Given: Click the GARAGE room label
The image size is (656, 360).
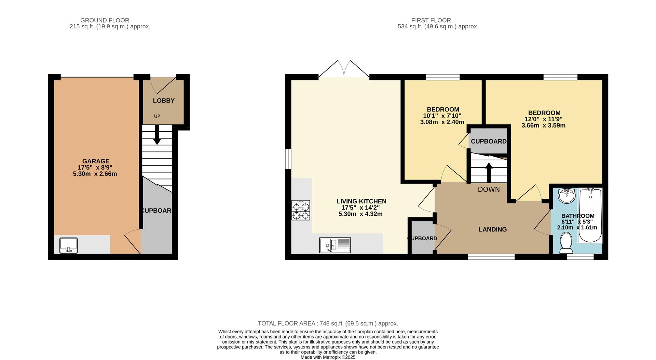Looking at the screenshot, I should [x=96, y=161].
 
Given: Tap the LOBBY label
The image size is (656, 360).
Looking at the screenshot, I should [x=164, y=101].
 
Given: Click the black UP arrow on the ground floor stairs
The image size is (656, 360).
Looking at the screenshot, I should [x=157, y=135].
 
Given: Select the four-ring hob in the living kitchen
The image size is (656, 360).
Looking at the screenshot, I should [x=301, y=210].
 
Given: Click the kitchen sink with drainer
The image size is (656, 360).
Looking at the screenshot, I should [x=335, y=245].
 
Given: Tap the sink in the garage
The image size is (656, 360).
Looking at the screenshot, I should [x=69, y=245].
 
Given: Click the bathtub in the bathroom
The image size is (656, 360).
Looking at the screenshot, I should [x=590, y=215].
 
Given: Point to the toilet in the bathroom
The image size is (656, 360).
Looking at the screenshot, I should [x=566, y=243].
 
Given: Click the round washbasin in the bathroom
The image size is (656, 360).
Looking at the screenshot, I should [x=567, y=196].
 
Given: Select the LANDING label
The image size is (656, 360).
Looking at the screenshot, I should [x=492, y=229].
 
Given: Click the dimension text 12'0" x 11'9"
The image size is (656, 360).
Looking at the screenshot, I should [x=544, y=119].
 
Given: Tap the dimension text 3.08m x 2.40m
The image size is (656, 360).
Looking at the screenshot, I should [x=442, y=122].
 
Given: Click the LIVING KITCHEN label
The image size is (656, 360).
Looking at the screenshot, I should [x=361, y=201].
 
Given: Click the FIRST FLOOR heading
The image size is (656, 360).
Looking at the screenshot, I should [x=431, y=21].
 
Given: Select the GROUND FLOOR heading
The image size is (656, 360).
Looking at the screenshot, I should [x=105, y=21].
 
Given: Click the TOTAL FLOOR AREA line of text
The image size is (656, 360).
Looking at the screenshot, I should [x=328, y=323].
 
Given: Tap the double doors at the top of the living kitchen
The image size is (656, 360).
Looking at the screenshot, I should [x=344, y=70].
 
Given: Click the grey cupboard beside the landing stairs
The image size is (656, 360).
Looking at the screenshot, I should [x=489, y=141].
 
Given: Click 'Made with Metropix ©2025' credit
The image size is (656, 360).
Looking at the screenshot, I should [x=328, y=357].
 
